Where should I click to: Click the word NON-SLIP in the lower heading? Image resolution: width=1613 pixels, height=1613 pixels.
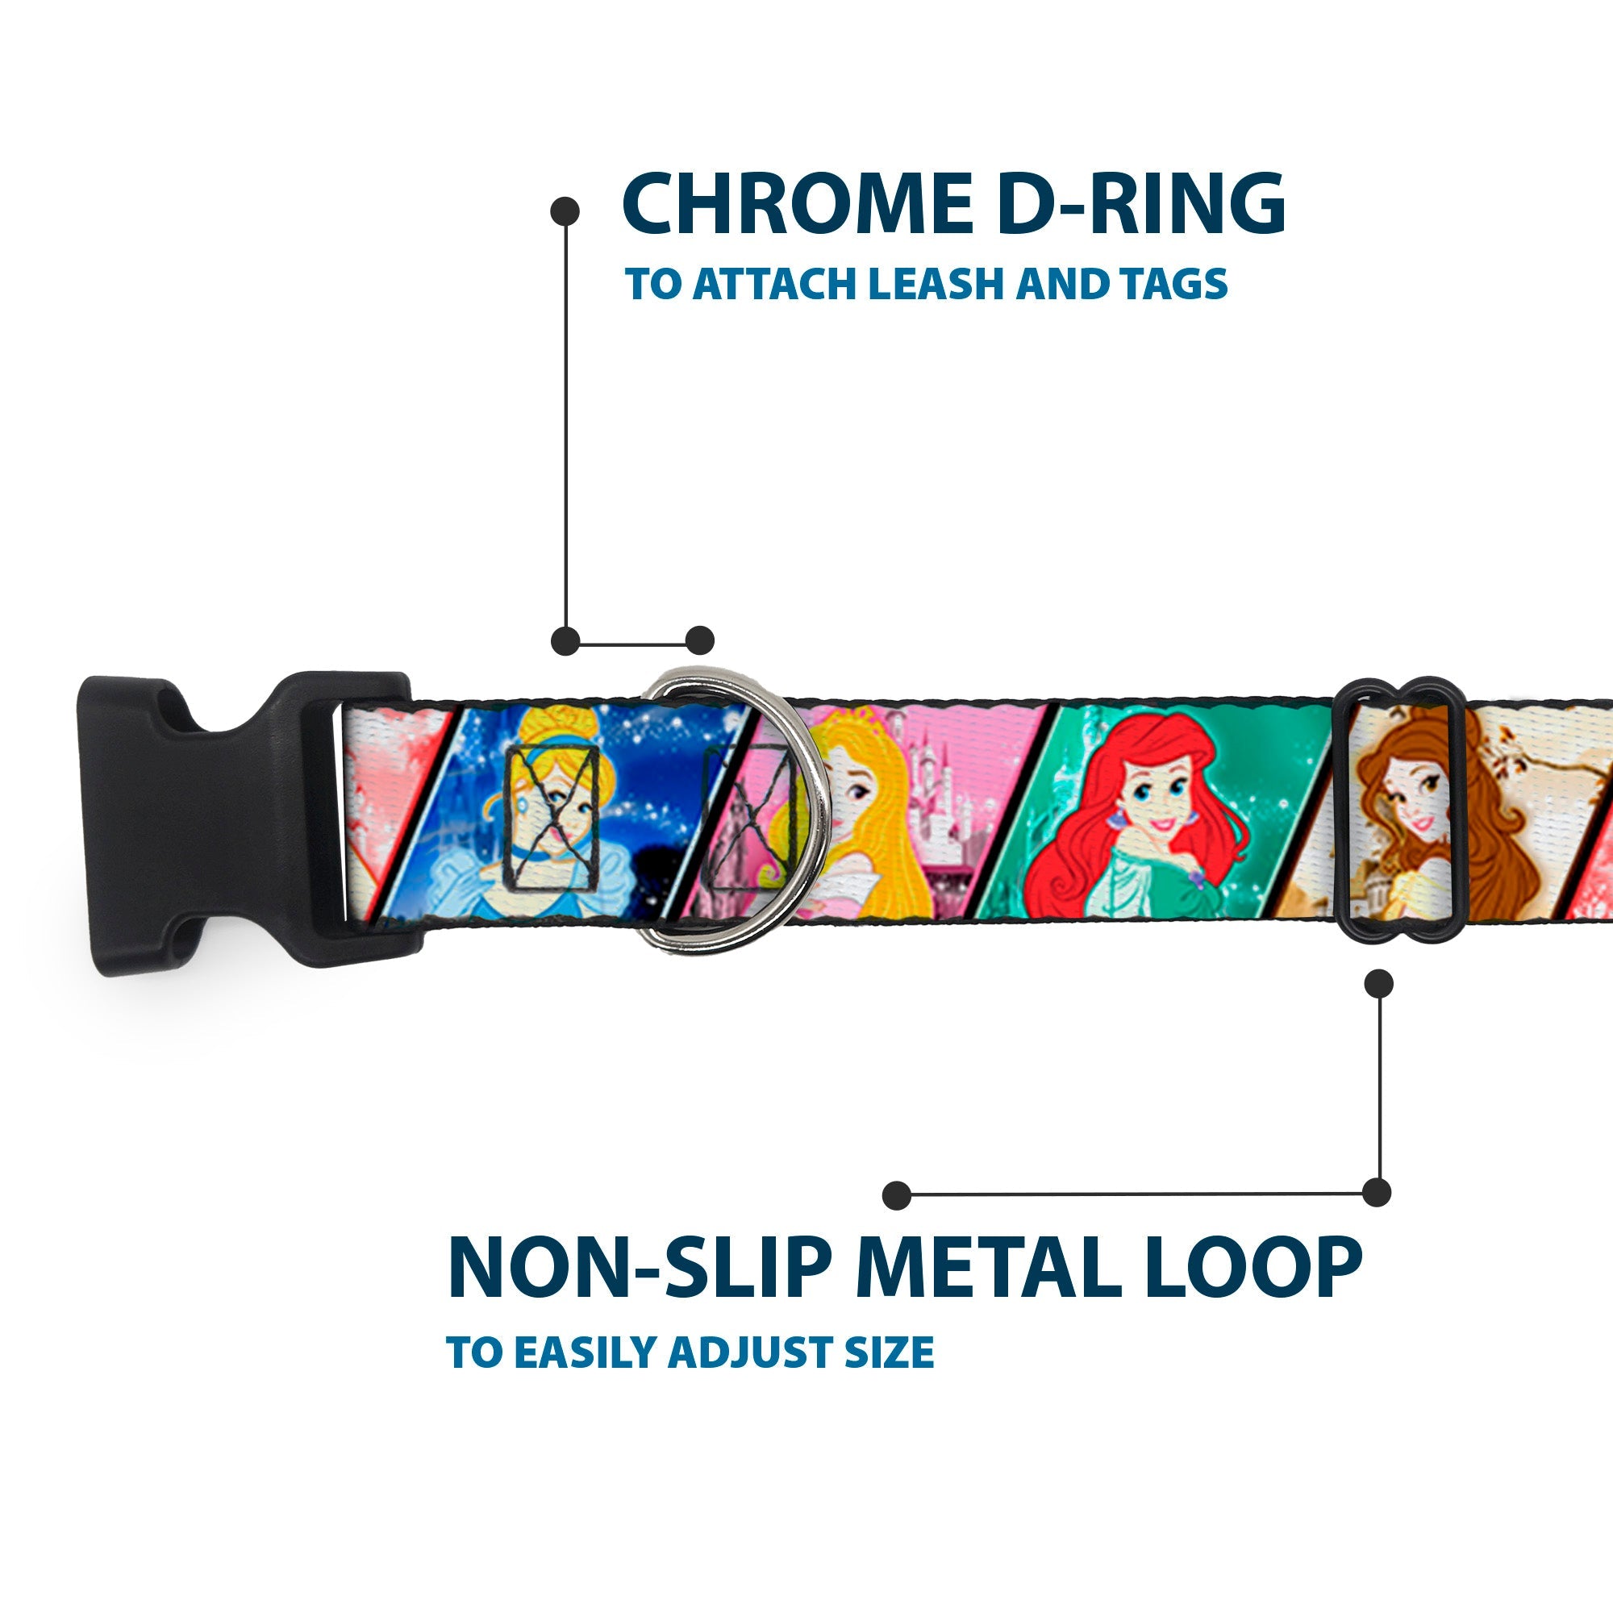point(639,1268)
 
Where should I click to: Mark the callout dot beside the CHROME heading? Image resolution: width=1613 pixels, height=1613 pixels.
point(565,211)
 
